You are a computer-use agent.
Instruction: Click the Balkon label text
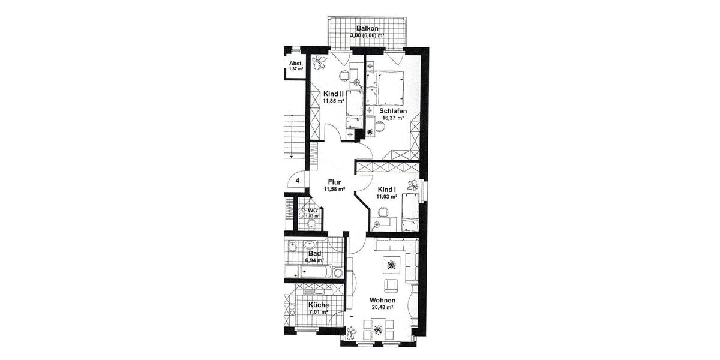[367, 28]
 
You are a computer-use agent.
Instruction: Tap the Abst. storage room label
[295, 63]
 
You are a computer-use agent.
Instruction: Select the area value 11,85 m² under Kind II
[333, 101]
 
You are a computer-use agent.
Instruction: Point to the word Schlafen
[393, 111]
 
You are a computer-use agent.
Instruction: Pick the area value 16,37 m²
[393, 118]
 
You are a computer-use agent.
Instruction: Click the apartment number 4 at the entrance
[297, 180]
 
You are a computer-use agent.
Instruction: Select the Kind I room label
[387, 188]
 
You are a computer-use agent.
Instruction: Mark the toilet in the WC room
[311, 224]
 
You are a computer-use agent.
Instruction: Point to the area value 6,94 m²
[314, 260]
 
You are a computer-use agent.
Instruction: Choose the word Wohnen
[382, 300]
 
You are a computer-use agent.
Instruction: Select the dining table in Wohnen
[377, 329]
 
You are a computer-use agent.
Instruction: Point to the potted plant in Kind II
[320, 61]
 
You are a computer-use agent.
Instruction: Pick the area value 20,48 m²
[382, 307]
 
